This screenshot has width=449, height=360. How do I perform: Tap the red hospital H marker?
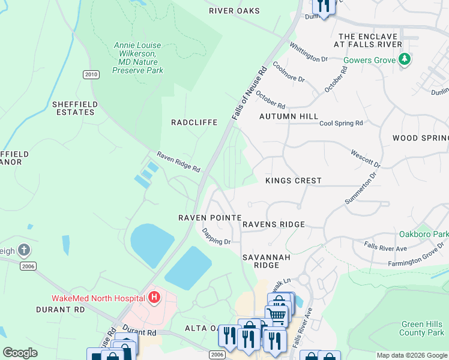(x=155, y=297)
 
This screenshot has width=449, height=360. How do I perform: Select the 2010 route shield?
(x=91, y=74)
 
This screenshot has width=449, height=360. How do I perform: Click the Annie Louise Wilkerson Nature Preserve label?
(x=139, y=58)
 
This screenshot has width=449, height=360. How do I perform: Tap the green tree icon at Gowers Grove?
(x=405, y=59)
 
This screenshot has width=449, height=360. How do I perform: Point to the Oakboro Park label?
(x=424, y=233)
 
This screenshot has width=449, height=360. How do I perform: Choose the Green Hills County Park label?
(x=422, y=328)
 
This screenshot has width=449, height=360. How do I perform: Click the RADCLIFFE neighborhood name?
(x=194, y=122)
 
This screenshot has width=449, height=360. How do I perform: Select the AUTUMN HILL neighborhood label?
(x=288, y=116)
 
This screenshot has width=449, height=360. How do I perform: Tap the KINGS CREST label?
(x=294, y=181)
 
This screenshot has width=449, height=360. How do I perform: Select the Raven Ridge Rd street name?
(x=178, y=162)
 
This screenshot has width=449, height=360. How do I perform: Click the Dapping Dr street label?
(x=216, y=236)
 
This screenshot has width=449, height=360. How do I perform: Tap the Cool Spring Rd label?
(x=341, y=123)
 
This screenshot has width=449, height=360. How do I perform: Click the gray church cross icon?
(x=23, y=250)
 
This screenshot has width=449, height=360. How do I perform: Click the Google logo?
(x=20, y=352)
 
